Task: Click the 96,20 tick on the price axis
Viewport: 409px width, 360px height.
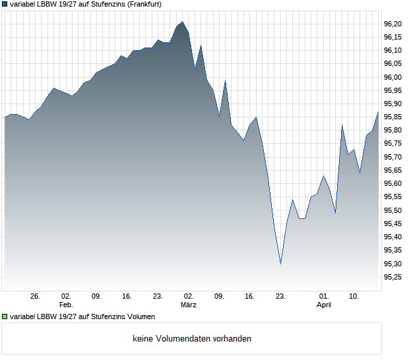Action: pos(393,24)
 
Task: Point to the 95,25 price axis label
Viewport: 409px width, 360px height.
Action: pos(393,277)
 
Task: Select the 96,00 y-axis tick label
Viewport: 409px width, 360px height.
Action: pos(393,77)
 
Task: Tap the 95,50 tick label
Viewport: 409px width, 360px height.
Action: pos(393,210)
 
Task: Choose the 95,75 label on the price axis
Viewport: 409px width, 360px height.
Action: pos(393,144)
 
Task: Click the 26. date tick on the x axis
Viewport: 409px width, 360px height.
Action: pos(36,297)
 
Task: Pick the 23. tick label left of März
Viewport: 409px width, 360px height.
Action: pos(158,297)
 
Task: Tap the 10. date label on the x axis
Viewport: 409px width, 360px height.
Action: pos(354,297)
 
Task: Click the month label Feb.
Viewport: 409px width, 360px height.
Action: pos(66,305)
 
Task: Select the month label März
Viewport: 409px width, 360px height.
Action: pos(189,305)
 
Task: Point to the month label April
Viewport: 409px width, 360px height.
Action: pos(324,305)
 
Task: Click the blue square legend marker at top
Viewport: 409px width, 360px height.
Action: pos(5,4)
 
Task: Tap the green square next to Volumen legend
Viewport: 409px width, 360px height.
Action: pos(5,317)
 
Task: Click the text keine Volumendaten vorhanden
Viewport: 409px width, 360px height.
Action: pos(192,339)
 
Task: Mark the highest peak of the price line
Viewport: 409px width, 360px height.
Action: pos(183,22)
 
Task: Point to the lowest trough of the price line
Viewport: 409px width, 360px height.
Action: pos(280,264)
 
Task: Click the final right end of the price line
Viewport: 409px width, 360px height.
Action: pos(378,112)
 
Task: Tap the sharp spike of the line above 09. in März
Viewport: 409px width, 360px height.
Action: pos(226,80)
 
